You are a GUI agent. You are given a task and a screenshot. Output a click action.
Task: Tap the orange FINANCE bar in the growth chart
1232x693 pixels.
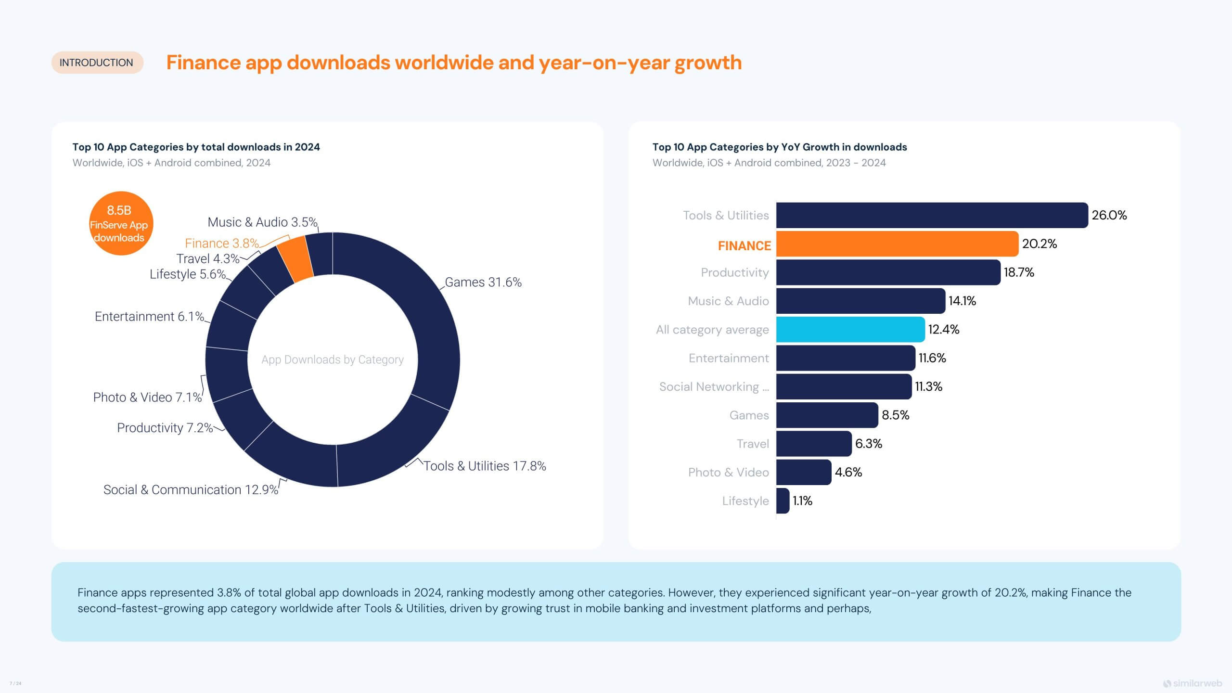coord(897,244)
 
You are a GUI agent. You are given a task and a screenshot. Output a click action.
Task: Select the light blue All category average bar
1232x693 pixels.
coord(850,330)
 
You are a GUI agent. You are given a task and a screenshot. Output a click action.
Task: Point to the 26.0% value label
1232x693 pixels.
coord(1109,215)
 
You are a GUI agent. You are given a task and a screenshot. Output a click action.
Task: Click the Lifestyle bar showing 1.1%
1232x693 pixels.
coord(783,501)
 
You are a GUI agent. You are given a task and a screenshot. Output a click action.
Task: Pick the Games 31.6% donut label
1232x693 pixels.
coord(483,282)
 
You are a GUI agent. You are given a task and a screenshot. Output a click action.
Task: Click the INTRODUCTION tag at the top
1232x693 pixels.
coord(96,63)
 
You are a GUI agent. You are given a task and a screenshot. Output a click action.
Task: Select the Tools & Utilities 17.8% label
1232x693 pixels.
coord(485,466)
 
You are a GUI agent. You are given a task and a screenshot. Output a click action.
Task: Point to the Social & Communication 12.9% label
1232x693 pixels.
coord(191,489)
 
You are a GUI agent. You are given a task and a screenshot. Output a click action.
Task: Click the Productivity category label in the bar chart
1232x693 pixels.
coord(734,272)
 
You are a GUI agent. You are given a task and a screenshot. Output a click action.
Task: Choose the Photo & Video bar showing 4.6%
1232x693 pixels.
coord(803,472)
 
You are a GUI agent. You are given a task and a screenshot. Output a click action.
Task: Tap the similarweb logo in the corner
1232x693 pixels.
coord(1192,683)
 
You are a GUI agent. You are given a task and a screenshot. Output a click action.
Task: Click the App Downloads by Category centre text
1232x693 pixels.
coord(333,359)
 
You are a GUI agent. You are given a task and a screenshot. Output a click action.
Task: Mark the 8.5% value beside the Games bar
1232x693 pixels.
coord(895,415)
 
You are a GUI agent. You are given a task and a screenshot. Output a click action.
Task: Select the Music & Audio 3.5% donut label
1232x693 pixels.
coord(262,222)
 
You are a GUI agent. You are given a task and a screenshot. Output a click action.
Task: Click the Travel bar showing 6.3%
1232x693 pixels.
coord(814,444)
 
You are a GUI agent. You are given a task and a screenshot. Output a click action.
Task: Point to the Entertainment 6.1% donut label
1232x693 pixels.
coord(149,316)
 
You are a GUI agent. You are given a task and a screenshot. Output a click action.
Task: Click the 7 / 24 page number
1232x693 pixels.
coord(15,683)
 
